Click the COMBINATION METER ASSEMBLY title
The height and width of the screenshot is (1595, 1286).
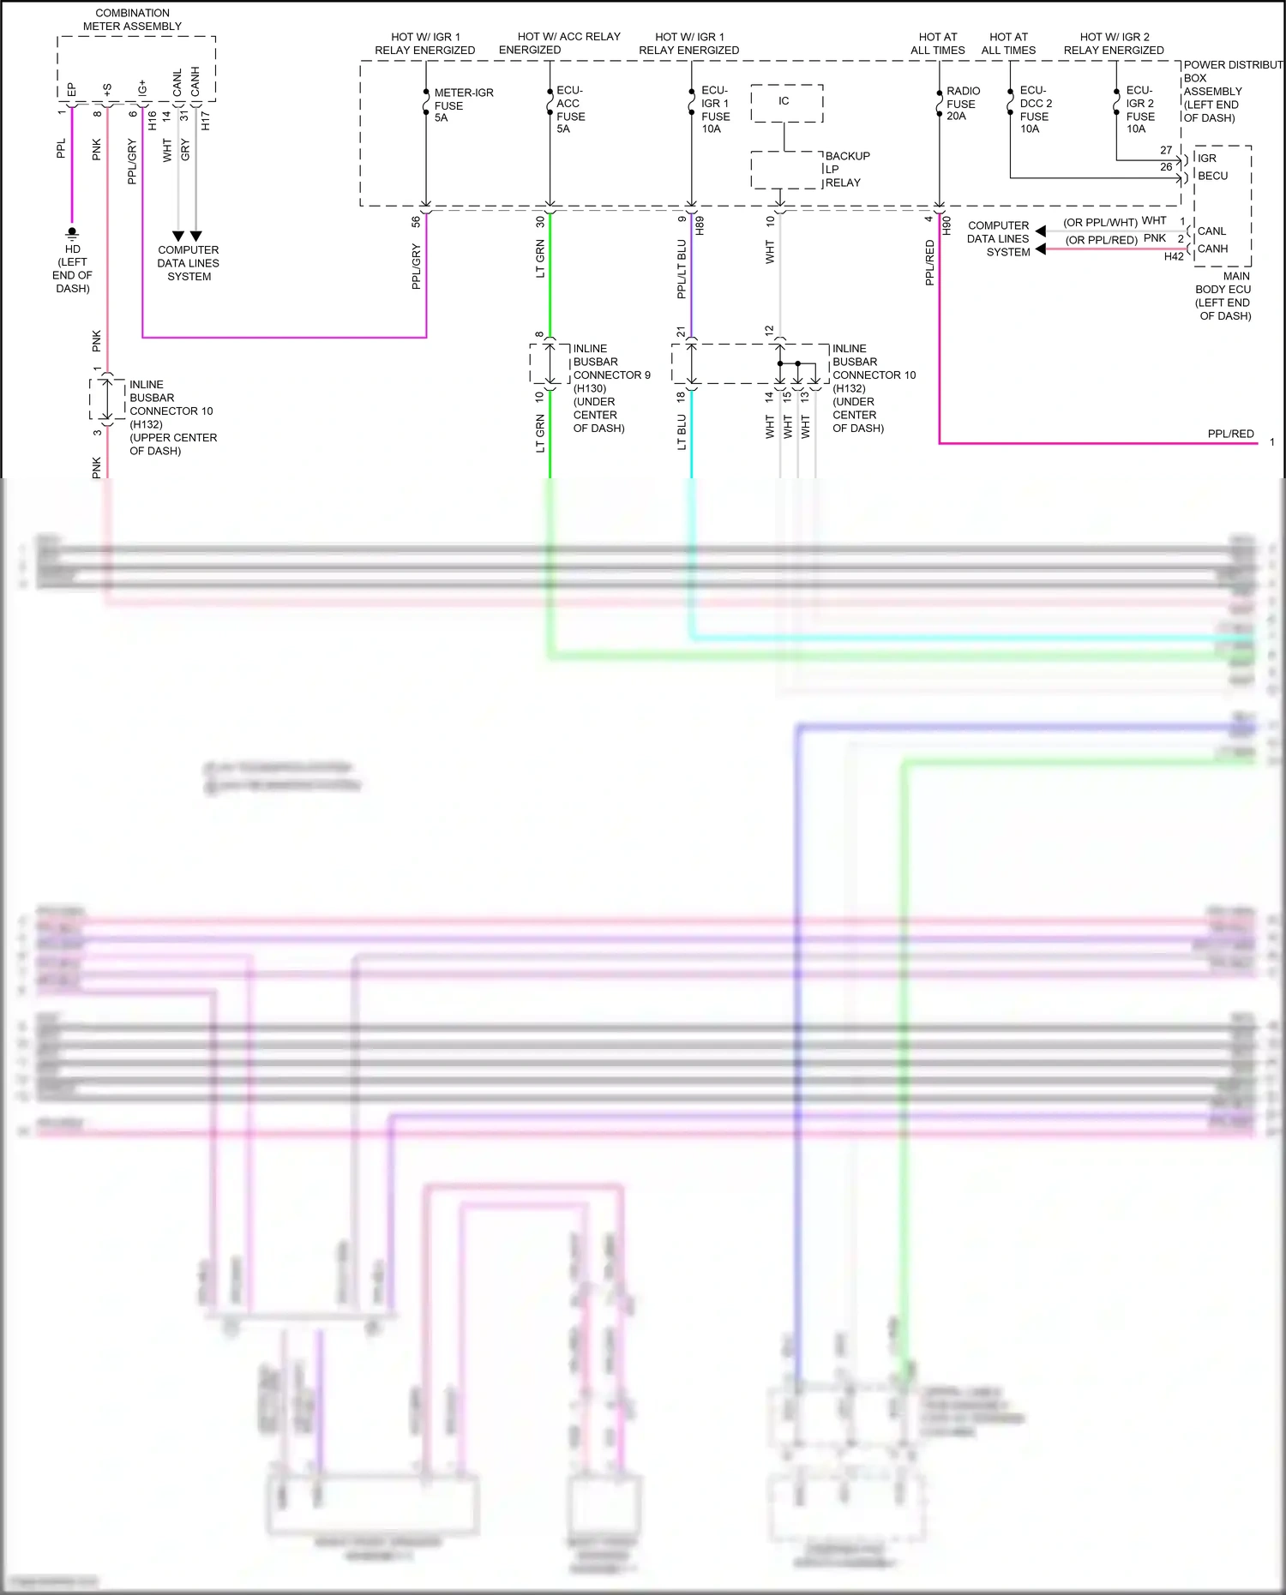[132, 20]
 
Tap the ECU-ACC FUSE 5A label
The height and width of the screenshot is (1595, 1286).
[570, 110]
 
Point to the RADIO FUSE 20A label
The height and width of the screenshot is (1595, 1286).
[962, 104]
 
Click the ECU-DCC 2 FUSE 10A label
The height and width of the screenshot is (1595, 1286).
[1035, 110]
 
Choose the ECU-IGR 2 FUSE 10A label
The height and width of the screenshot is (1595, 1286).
[1139, 110]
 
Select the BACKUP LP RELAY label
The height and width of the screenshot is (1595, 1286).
[847, 170]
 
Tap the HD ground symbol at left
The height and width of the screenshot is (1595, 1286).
[72, 233]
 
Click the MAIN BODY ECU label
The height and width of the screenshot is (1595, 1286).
[1223, 296]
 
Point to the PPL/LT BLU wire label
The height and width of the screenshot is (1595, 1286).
[682, 269]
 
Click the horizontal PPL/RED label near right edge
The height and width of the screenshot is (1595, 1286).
[1230, 434]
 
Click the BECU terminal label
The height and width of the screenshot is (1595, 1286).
[1212, 176]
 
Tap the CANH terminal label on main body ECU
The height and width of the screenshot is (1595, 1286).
[1212, 249]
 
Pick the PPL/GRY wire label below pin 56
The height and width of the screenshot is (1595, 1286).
[417, 267]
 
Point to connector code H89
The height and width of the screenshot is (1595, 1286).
[700, 225]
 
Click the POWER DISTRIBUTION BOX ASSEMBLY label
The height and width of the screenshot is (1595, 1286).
[1231, 91]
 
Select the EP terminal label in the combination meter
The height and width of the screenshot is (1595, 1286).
[72, 89]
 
